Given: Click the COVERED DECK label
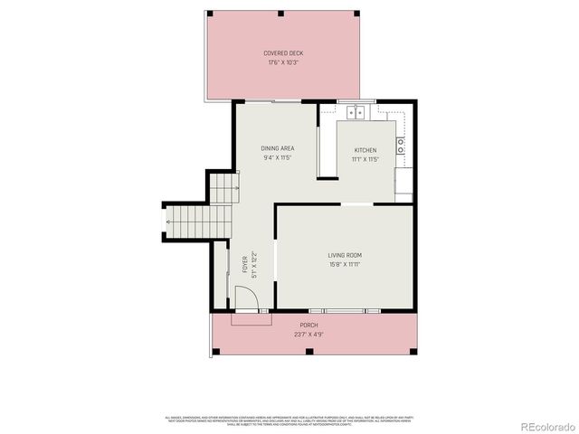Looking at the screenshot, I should pyautogui.click(x=283, y=53).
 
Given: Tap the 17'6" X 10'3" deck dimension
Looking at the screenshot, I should pyautogui.click(x=283, y=63).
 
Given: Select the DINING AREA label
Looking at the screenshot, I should pyautogui.click(x=278, y=148).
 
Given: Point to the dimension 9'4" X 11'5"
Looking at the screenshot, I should pyautogui.click(x=278, y=158).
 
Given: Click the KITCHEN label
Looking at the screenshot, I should pyautogui.click(x=365, y=150).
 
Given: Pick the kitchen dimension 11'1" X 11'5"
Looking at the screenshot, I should pyautogui.click(x=365, y=160).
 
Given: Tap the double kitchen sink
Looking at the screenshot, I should pyautogui.click(x=356, y=113).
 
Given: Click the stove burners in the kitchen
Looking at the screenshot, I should pyautogui.click(x=400, y=146).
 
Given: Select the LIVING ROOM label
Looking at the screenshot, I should pyautogui.click(x=345, y=255).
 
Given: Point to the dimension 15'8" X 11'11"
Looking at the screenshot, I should pyautogui.click(x=345, y=265).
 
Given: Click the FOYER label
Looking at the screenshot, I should pyautogui.click(x=245, y=264).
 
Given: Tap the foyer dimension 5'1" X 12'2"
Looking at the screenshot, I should pyautogui.click(x=254, y=264).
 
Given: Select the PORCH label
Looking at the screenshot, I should pyautogui.click(x=309, y=325).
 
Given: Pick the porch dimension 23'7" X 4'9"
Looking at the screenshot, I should pyautogui.click(x=309, y=335).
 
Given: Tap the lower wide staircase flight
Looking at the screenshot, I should pyautogui.click(x=197, y=221).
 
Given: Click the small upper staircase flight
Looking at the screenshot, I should pyautogui.click(x=223, y=188).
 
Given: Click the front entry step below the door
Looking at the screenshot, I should pyautogui.click(x=252, y=318).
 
